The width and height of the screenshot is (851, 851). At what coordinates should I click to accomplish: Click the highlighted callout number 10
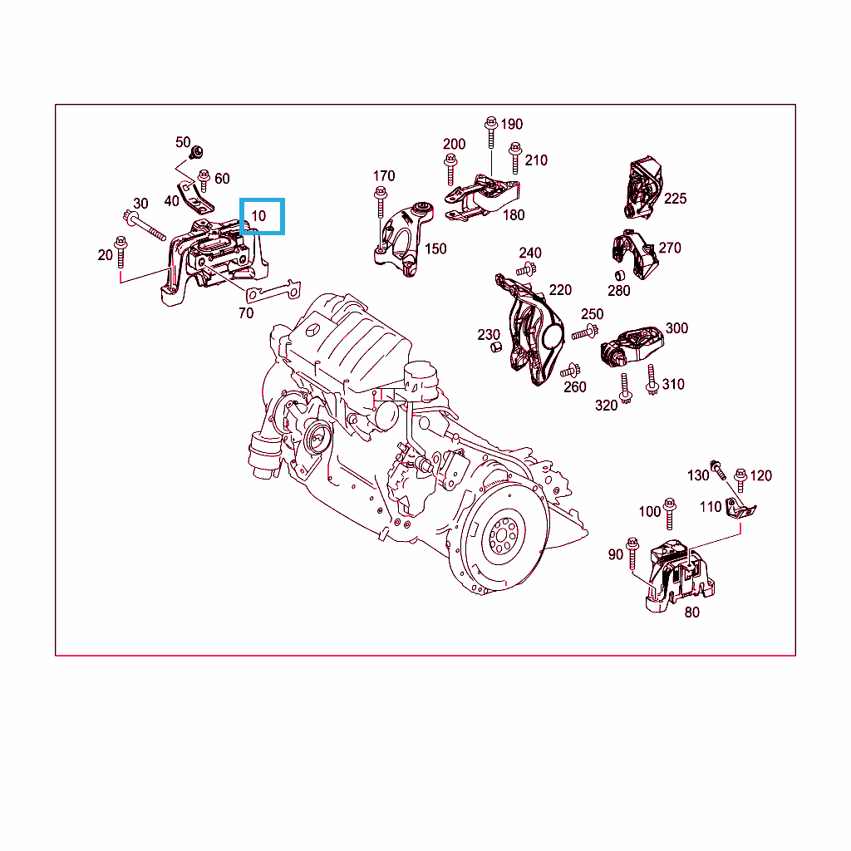[258, 216]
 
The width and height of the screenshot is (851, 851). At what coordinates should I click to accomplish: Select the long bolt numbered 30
[144, 226]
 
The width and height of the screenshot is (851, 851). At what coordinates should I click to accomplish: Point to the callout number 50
[183, 142]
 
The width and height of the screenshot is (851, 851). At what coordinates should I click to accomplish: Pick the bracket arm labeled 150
[405, 239]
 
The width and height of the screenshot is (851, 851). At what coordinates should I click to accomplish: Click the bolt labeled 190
[491, 132]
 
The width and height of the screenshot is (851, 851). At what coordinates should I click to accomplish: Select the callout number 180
[514, 215]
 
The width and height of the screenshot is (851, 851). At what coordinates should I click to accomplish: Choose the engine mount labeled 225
[643, 188]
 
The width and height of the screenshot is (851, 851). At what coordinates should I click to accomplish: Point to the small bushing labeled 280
[620, 275]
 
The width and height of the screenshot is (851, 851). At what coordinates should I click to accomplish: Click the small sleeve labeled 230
[495, 347]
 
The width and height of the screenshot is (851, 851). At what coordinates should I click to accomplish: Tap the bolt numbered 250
[584, 332]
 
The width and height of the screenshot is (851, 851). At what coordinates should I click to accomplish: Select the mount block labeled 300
[632, 346]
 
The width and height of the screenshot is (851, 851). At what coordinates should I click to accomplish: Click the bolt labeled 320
[626, 389]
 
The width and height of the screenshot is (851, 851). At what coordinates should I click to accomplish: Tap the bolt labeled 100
[670, 514]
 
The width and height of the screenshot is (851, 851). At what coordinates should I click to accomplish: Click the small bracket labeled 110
[740, 508]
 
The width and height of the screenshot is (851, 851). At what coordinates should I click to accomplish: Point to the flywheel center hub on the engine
[503, 536]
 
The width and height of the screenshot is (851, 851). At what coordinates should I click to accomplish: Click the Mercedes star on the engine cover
[314, 331]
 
